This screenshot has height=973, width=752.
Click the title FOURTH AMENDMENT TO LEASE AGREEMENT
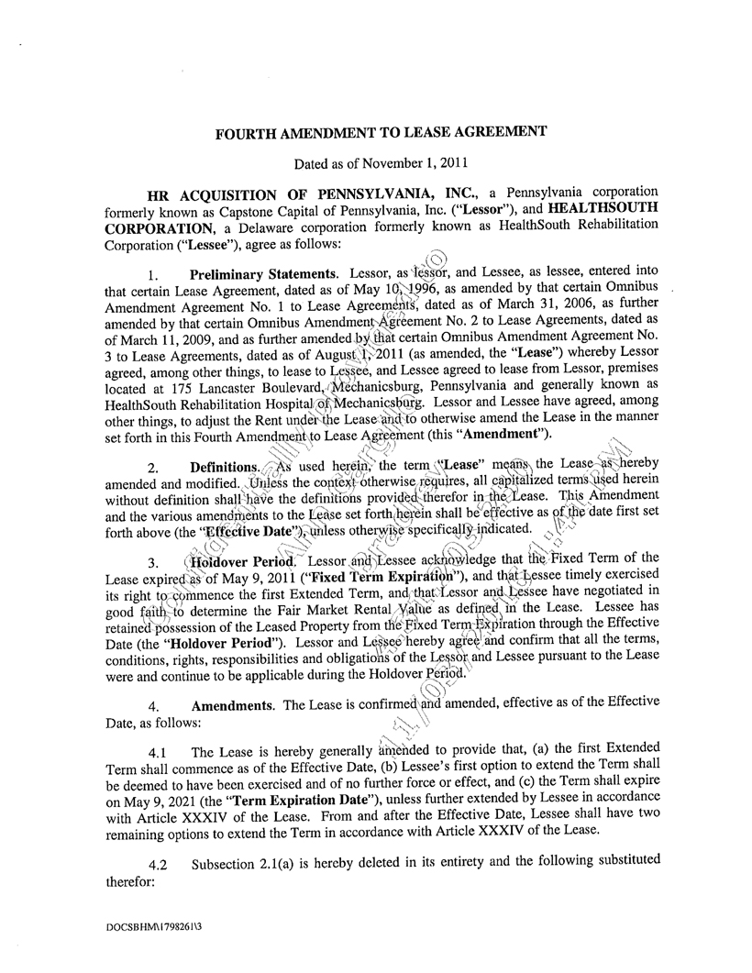[381, 132]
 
